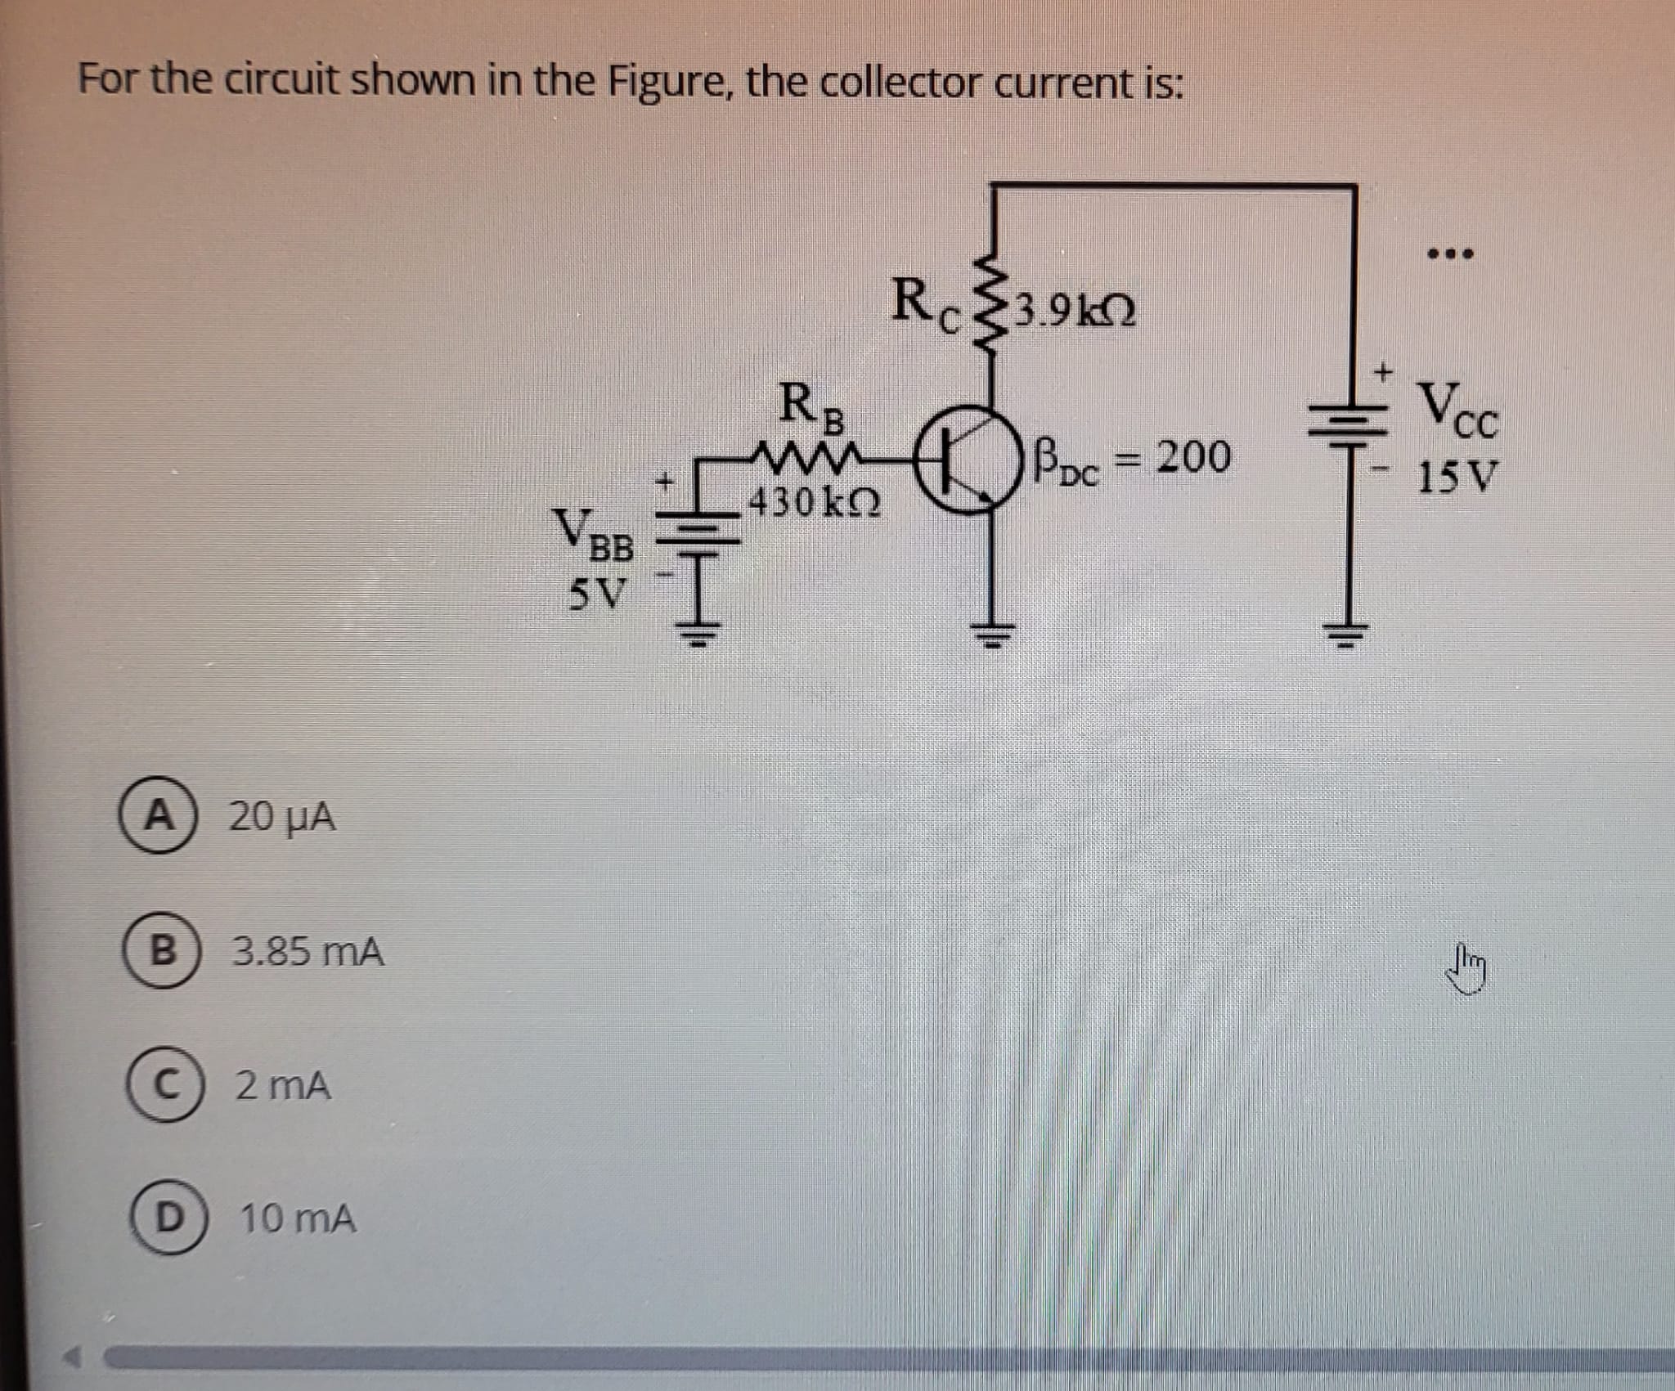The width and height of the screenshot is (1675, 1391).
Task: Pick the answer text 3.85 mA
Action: pyautogui.click(x=308, y=953)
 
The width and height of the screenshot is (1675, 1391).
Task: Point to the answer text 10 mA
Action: pyautogui.click(x=298, y=1219)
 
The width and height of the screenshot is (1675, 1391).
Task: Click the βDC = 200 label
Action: pyautogui.click(x=1132, y=460)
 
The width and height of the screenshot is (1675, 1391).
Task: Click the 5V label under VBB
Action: pyautogui.click(x=597, y=595)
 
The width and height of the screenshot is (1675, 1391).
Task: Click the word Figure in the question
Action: pyautogui.click(x=671, y=83)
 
